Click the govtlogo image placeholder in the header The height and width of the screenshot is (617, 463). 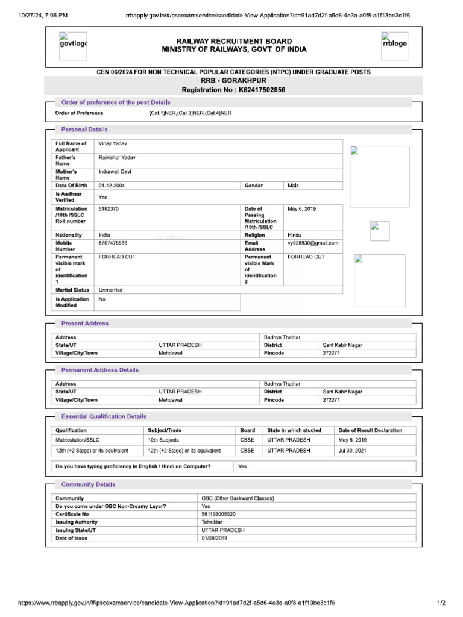(72, 44)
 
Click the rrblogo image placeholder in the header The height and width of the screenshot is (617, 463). (394, 44)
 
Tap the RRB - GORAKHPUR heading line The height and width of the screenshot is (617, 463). (233, 80)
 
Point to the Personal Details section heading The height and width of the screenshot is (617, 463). (84, 130)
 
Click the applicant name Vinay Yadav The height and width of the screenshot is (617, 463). (113, 144)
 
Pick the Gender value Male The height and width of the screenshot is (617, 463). (293, 186)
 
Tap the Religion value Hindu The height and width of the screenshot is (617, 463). (295, 235)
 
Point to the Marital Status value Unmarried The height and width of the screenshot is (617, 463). (110, 290)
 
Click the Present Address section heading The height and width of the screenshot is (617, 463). (85, 324)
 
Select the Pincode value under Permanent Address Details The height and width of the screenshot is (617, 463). (331, 399)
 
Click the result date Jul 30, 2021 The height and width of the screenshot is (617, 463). (352, 450)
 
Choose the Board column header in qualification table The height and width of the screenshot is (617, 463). (247, 430)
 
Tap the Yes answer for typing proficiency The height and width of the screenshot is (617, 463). (242, 466)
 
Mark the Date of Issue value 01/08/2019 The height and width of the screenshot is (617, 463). (215, 538)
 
